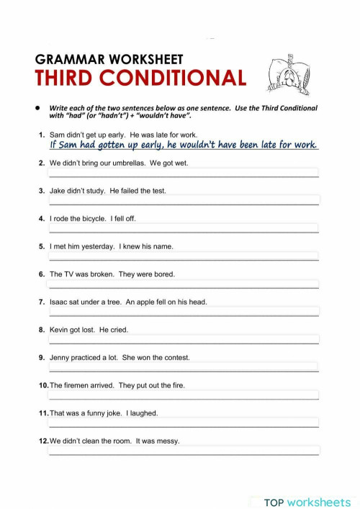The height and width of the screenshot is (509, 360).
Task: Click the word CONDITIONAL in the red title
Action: coord(183,78)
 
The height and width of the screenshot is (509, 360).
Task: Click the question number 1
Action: coord(42,135)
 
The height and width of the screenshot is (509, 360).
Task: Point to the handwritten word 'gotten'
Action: coord(123,145)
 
